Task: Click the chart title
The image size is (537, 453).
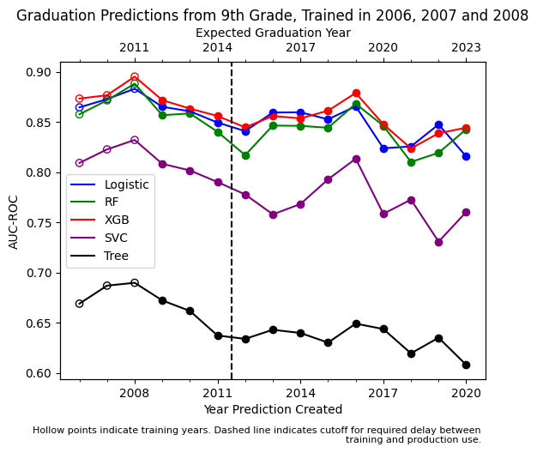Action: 272,15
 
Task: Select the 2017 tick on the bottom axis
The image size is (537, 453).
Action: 383,392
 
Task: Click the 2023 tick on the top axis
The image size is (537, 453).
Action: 466,48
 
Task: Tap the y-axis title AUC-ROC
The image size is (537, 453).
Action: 14,220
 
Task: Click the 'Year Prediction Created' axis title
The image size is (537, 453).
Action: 273,409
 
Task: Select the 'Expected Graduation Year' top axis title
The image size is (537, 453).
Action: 273,33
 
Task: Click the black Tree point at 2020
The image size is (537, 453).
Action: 466,365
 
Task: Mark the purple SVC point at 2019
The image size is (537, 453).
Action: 438,242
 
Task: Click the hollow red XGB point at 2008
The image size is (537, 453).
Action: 135,77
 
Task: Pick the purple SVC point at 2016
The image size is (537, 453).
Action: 356,159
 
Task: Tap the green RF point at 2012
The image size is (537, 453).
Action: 245,155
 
